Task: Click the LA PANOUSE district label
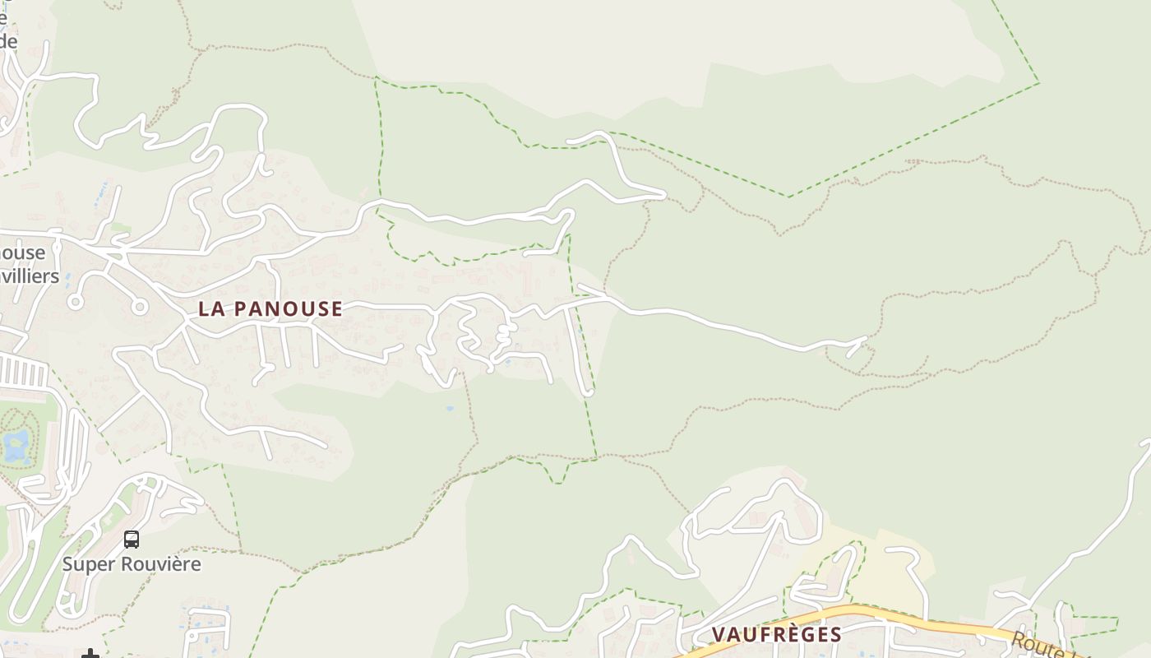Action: click(270, 309)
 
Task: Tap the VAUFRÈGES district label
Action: click(776, 634)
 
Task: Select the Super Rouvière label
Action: click(132, 564)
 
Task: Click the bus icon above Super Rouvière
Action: click(132, 540)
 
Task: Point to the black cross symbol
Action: click(90, 655)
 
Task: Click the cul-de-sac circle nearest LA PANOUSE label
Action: click(139, 308)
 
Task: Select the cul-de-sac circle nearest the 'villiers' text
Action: click(76, 302)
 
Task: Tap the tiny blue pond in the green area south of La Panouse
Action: click(448, 408)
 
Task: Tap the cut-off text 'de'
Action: click(8, 41)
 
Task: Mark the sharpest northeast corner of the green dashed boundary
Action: click(1038, 82)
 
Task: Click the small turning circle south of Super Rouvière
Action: click(194, 636)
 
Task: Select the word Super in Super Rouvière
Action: click(88, 564)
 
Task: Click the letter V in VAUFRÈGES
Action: click(718, 634)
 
